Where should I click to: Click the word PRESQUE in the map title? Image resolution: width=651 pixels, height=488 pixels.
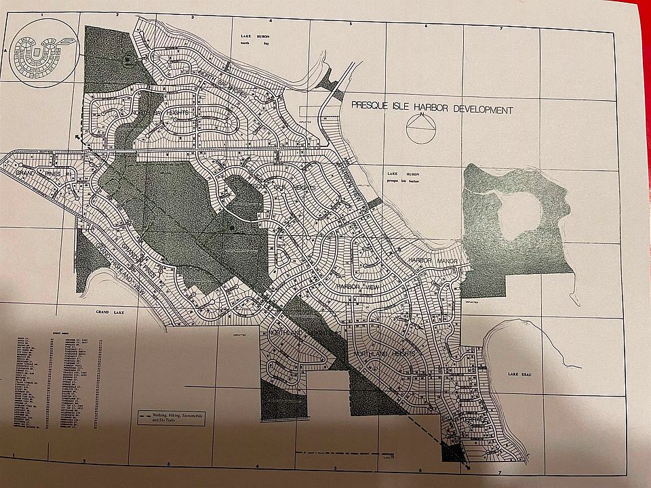coord(370,106)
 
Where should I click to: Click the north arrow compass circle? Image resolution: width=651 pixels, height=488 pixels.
coord(420,128)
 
